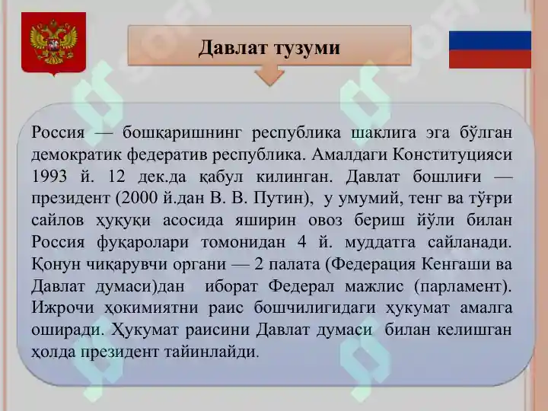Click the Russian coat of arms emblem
pos(53,43)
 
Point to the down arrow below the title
pos(269,75)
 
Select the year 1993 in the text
pos(49,176)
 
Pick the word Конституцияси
pos(452,155)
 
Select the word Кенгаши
pos(454,264)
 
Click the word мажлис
pos(374,286)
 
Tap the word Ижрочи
pos(63,308)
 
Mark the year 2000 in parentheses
pos(139,198)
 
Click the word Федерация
pos(373,264)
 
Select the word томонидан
pos(244,243)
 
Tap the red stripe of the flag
pos(490,59)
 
